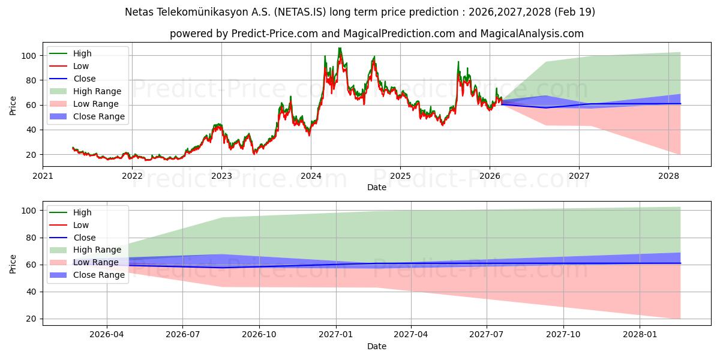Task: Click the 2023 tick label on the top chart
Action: (x=221, y=176)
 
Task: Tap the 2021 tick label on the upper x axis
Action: (x=43, y=176)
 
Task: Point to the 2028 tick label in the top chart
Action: (x=669, y=176)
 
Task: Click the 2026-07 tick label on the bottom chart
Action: (x=183, y=335)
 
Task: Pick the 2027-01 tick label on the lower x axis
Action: (x=335, y=335)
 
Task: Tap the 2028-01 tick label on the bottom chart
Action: (x=640, y=335)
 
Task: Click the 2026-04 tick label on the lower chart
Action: (x=107, y=335)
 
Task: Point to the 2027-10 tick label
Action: (x=564, y=335)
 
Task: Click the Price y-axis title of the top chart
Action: (x=13, y=105)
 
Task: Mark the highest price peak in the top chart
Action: (x=340, y=48)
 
